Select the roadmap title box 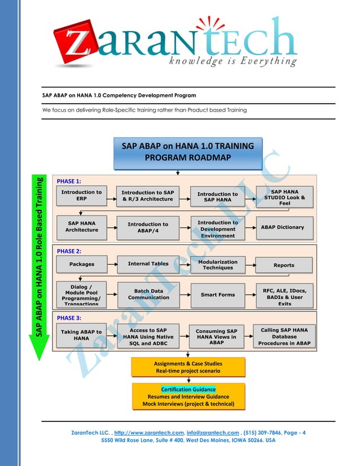tap(188, 152)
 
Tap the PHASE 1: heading tap(69, 182)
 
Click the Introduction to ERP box tap(81, 196)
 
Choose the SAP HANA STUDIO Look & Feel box tap(284, 197)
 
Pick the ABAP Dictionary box tap(282, 227)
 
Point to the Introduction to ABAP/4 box tap(148, 227)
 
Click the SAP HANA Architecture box tap(81, 227)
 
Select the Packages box tap(81, 264)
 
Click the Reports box tap(283, 265)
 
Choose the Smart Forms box tap(217, 294)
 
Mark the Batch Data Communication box tap(148, 294)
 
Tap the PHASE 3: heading tap(69, 318)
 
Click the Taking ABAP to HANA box tap(81, 335)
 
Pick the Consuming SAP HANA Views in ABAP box tap(216, 336)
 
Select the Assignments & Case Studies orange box tap(188, 367)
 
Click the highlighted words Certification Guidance tap(188, 389)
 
